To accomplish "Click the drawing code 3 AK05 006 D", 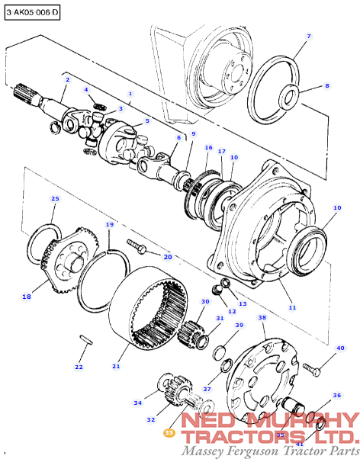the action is (x=32, y=12).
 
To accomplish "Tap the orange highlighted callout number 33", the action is (x=169, y=433).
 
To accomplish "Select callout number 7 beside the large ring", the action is (x=309, y=36).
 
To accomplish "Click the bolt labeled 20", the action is (x=137, y=247).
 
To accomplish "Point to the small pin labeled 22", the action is (x=86, y=339).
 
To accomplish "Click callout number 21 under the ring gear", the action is (x=116, y=366).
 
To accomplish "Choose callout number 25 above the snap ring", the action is (x=55, y=199).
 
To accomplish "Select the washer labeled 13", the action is (x=226, y=283).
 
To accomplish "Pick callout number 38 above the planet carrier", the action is (x=262, y=318).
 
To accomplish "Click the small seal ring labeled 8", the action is (x=288, y=95).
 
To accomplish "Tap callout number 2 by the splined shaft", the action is (x=68, y=79).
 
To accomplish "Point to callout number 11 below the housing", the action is (x=292, y=307).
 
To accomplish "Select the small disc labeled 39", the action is (x=219, y=352).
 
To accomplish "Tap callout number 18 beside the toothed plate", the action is (x=27, y=297).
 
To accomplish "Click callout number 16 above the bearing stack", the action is (x=208, y=148).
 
